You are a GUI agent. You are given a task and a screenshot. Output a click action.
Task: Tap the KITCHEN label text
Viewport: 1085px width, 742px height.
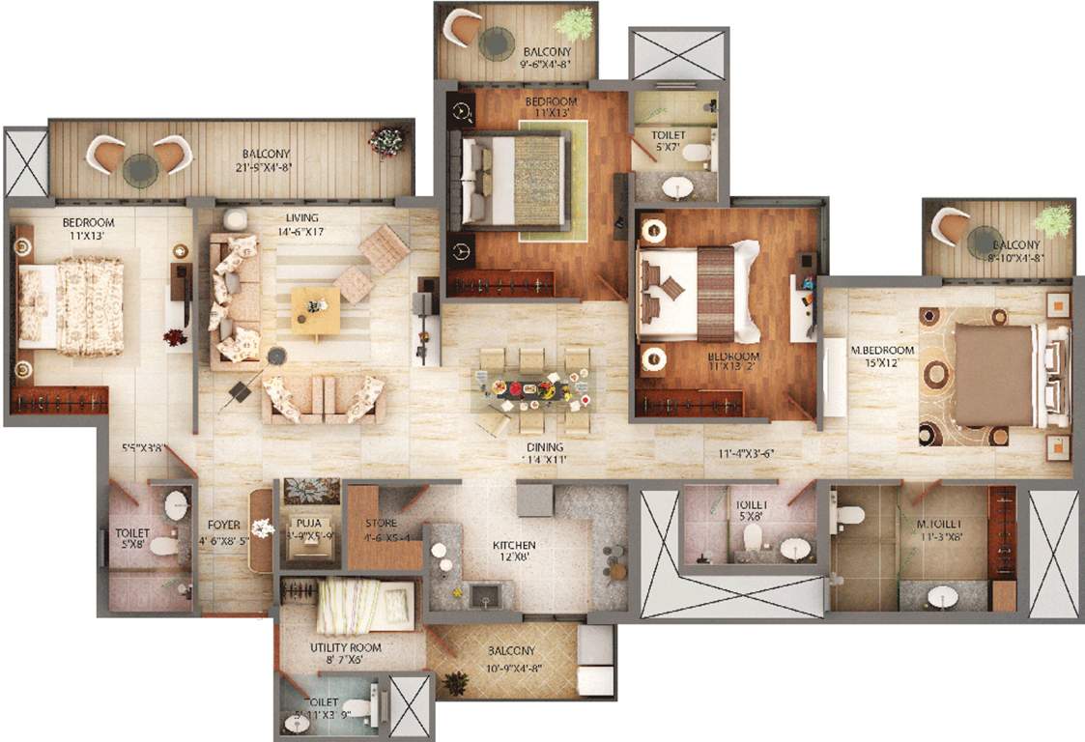(x=517, y=546)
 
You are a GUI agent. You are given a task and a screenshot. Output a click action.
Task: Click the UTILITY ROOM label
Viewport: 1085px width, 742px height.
(x=345, y=647)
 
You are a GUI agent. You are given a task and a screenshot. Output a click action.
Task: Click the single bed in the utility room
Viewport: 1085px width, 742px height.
(x=366, y=606)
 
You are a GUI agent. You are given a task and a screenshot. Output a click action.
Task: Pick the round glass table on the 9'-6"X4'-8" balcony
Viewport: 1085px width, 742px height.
(x=499, y=43)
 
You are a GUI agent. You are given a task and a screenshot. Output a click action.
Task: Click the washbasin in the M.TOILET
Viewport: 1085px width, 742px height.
(x=935, y=598)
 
